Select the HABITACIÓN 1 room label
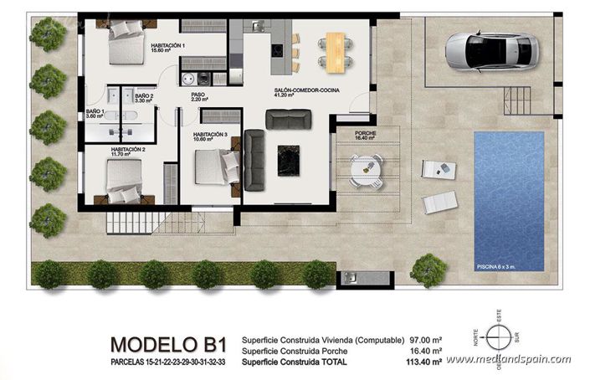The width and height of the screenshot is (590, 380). coord(168,46)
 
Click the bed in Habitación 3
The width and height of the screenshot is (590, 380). coord(215,166)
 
